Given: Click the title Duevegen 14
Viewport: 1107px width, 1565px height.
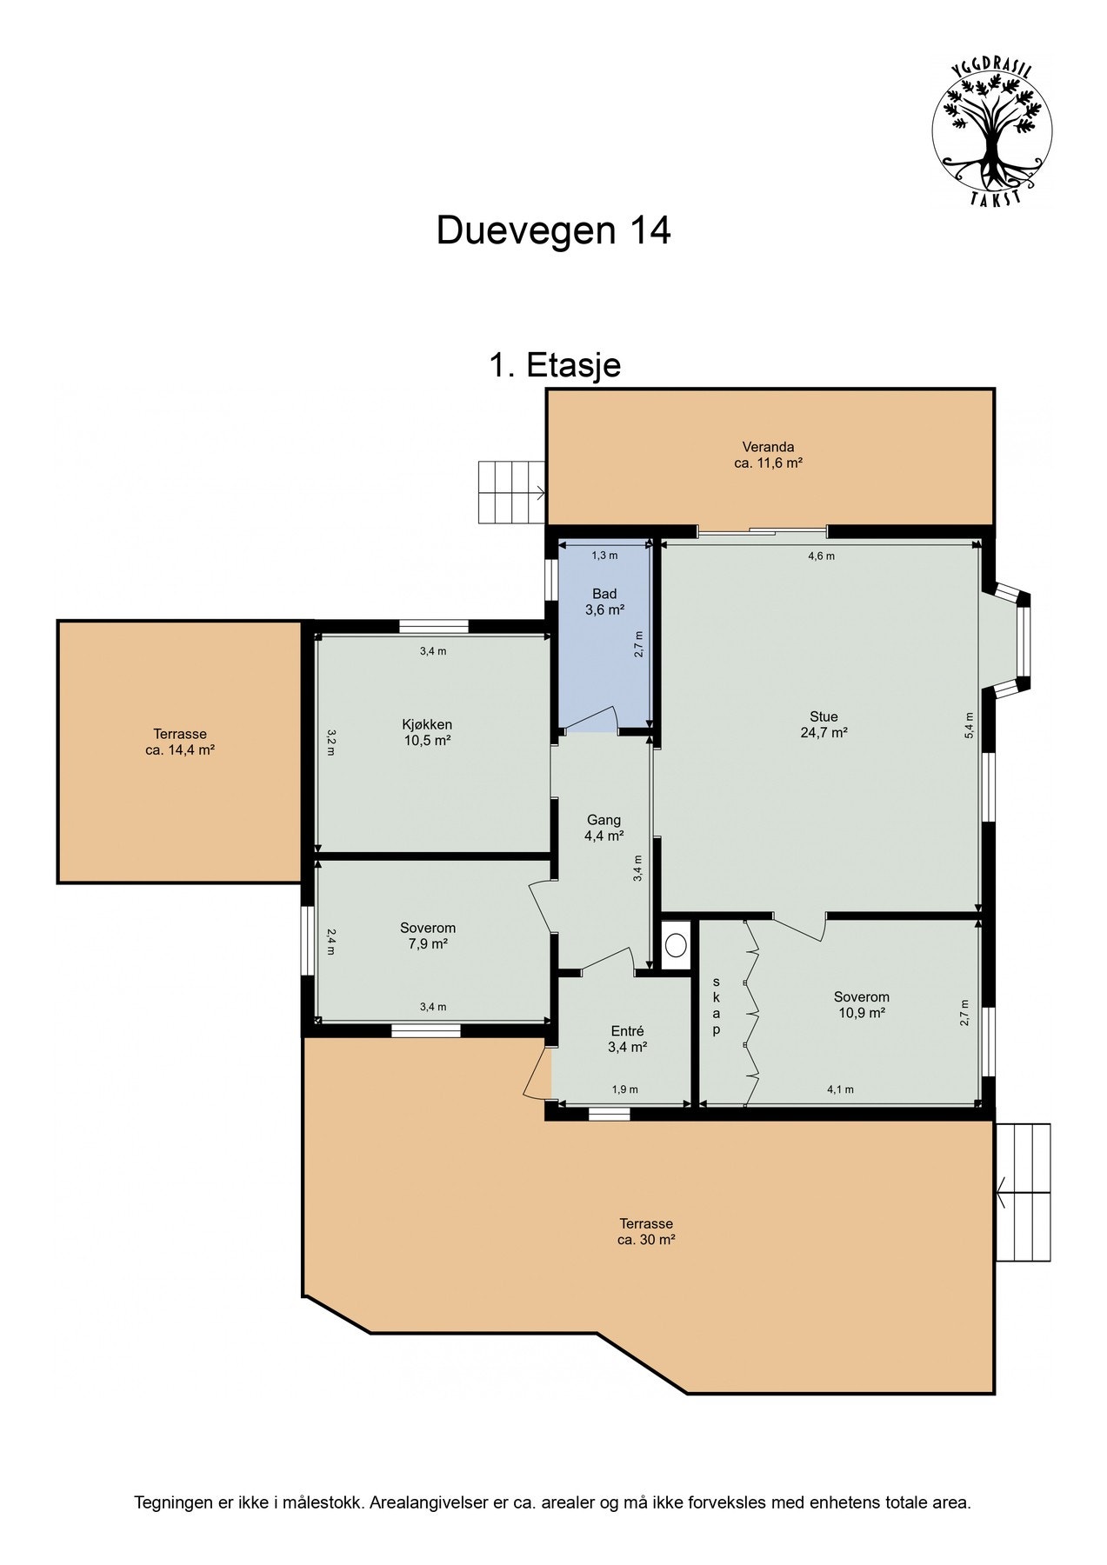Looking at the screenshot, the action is point(553,231).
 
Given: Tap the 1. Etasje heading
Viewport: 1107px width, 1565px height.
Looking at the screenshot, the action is point(555,365).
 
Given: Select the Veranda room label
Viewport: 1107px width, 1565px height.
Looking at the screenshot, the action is point(768,456).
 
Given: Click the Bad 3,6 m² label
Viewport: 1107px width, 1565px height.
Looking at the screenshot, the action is point(604,602).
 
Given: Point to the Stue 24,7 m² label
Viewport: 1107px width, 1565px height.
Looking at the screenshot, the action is point(824,724).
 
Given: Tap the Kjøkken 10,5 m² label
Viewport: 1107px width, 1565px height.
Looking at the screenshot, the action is point(427,732).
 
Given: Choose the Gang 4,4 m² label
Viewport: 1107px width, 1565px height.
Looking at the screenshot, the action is point(604,828).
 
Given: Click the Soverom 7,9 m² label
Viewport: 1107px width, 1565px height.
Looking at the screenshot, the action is point(427,936).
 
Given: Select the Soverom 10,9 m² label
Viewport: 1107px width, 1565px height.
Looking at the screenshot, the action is point(861,1005).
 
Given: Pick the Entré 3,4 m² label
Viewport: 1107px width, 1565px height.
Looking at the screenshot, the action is point(627,1039).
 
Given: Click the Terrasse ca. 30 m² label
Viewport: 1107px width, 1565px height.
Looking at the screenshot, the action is point(646,1232).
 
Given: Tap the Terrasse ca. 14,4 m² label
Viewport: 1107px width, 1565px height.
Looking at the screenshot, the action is point(180,742).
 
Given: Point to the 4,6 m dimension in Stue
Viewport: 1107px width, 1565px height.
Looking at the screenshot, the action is point(821,556).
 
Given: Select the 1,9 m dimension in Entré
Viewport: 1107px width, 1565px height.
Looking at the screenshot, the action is point(624,1089).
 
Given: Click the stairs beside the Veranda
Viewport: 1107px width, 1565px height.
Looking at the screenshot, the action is point(511,492).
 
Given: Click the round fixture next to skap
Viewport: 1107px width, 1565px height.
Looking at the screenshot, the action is point(676,945).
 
